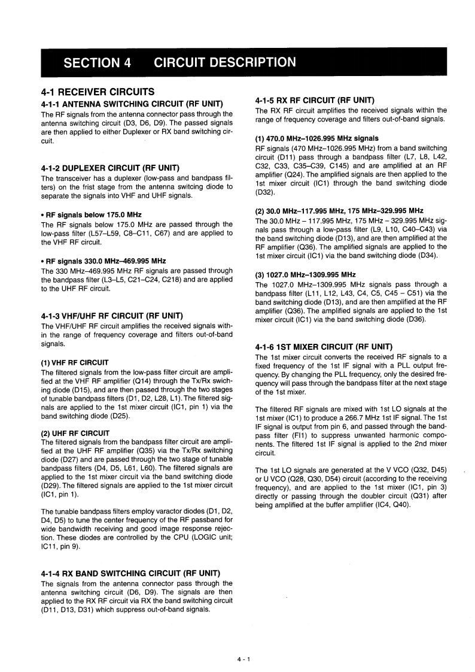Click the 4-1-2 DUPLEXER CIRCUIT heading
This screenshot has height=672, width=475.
pos(111,168)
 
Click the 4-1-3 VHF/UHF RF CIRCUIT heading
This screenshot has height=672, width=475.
pos(112,316)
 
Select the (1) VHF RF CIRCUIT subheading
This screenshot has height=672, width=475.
pos(75,362)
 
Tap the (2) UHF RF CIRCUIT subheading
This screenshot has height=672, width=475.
pos(75,433)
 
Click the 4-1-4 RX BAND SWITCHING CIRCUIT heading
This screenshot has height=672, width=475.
pos(130,573)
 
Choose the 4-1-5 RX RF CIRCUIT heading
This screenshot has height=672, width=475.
pos(315,100)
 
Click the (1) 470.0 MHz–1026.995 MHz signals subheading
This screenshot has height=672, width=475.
pos(316,138)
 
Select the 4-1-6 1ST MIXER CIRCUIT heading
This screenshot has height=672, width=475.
pos(324,347)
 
